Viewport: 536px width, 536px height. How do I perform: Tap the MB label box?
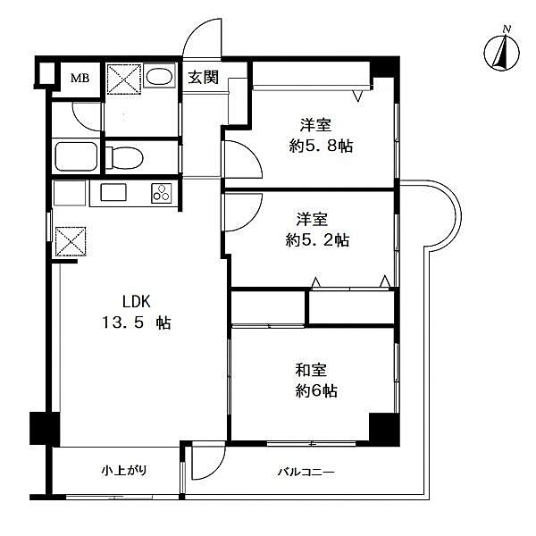pyautogui.click(x=80, y=79)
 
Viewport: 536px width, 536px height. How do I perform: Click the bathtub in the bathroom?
pyautogui.click(x=75, y=157)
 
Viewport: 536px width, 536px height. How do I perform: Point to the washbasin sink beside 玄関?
pyautogui.click(x=161, y=78)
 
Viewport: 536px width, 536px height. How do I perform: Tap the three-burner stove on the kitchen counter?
pyautogui.click(x=162, y=192)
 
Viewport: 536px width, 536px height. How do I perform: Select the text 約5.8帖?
pyautogui.click(x=320, y=146)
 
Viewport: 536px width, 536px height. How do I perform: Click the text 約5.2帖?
pyautogui.click(x=316, y=239)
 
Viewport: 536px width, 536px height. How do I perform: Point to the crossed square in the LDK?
pyautogui.click(x=70, y=242)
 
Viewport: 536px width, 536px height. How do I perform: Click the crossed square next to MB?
pyautogui.click(x=123, y=80)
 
